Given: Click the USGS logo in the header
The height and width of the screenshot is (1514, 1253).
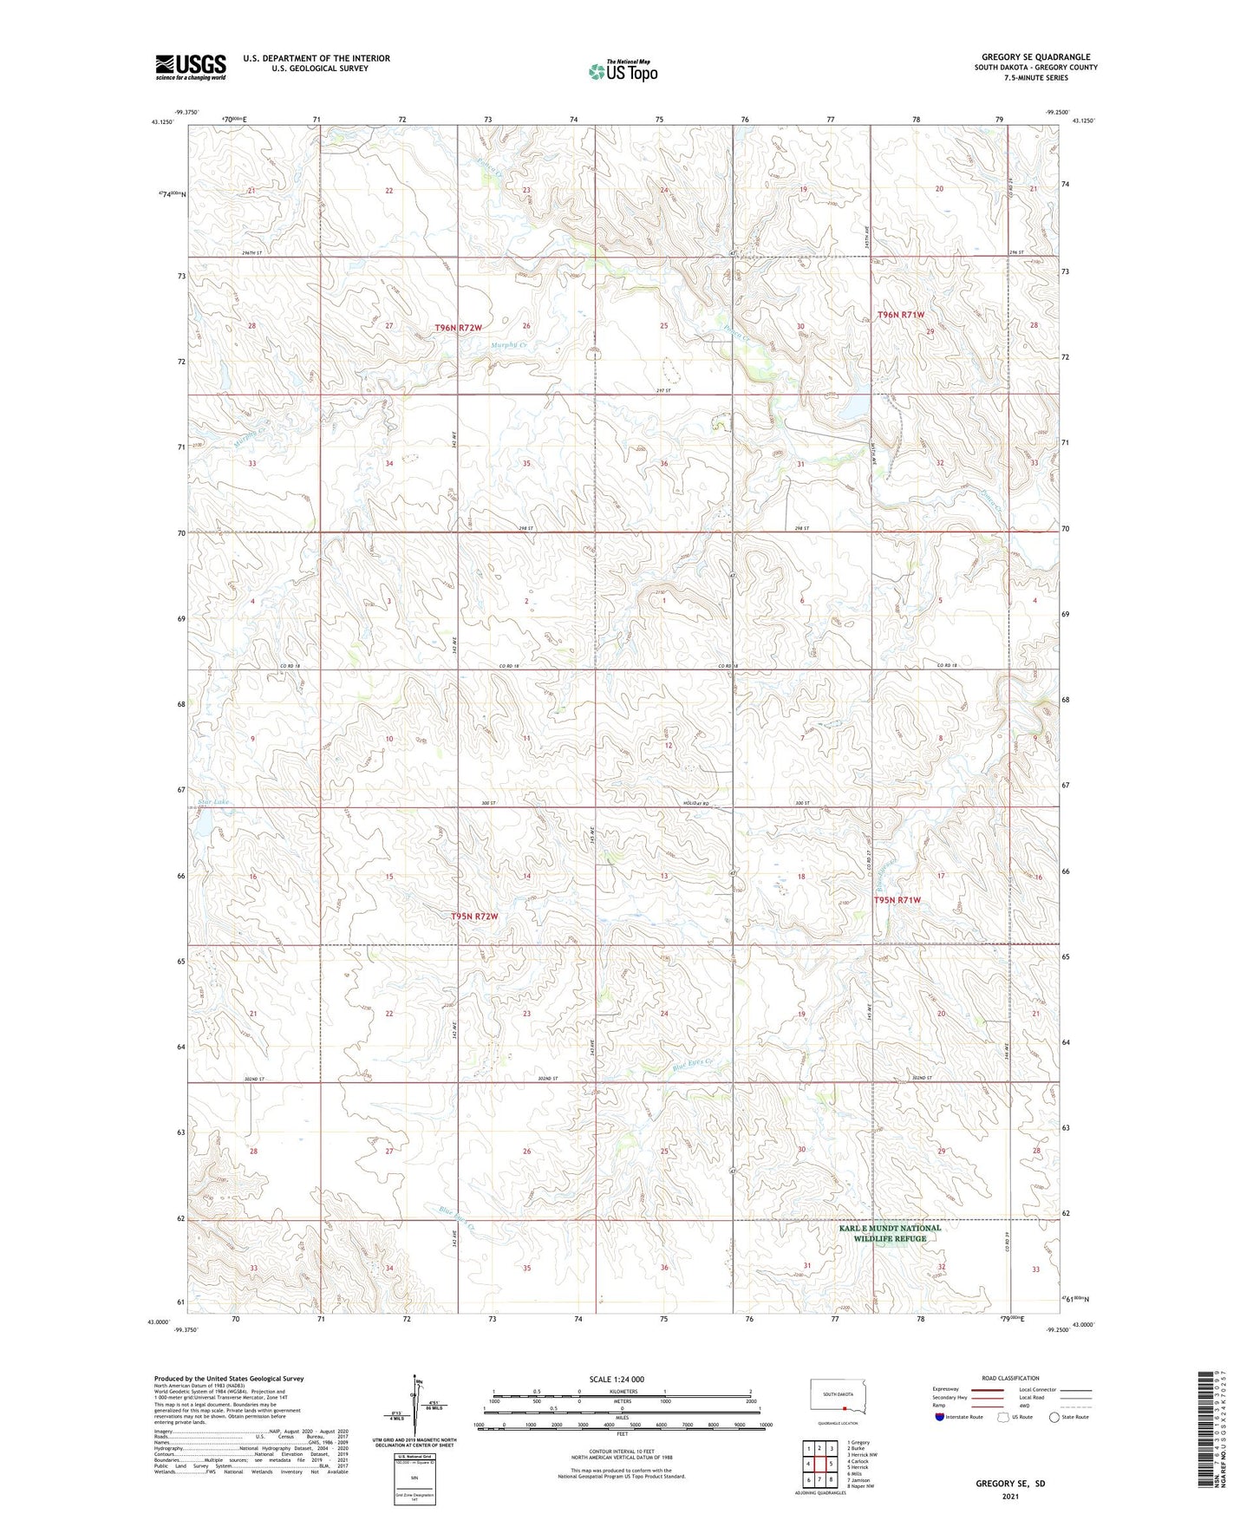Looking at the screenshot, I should click(x=191, y=66).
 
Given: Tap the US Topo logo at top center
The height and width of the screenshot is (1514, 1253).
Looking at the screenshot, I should click(x=623, y=71).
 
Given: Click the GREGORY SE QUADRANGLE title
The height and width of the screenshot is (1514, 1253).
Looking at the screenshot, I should click(x=1035, y=56).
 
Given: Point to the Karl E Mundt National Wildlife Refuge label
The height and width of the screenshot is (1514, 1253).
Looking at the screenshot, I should click(x=890, y=1233).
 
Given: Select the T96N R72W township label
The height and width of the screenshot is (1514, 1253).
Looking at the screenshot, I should click(x=458, y=328).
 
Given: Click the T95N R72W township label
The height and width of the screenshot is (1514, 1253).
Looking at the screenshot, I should click(x=474, y=917).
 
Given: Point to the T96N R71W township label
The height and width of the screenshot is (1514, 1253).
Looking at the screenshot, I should click(x=901, y=315).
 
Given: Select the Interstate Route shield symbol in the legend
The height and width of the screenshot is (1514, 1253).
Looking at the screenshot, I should click(x=939, y=1417).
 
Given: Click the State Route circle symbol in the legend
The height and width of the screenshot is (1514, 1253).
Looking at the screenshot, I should click(x=1054, y=1417).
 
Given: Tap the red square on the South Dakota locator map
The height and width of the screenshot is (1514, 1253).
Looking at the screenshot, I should click(x=845, y=1408).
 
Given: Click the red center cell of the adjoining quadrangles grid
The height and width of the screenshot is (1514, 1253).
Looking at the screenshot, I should click(x=819, y=1464).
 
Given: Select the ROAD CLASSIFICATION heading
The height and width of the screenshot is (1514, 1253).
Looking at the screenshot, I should click(x=1010, y=1378).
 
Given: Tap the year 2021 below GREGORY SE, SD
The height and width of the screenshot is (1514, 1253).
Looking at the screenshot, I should click(x=1009, y=1497).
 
